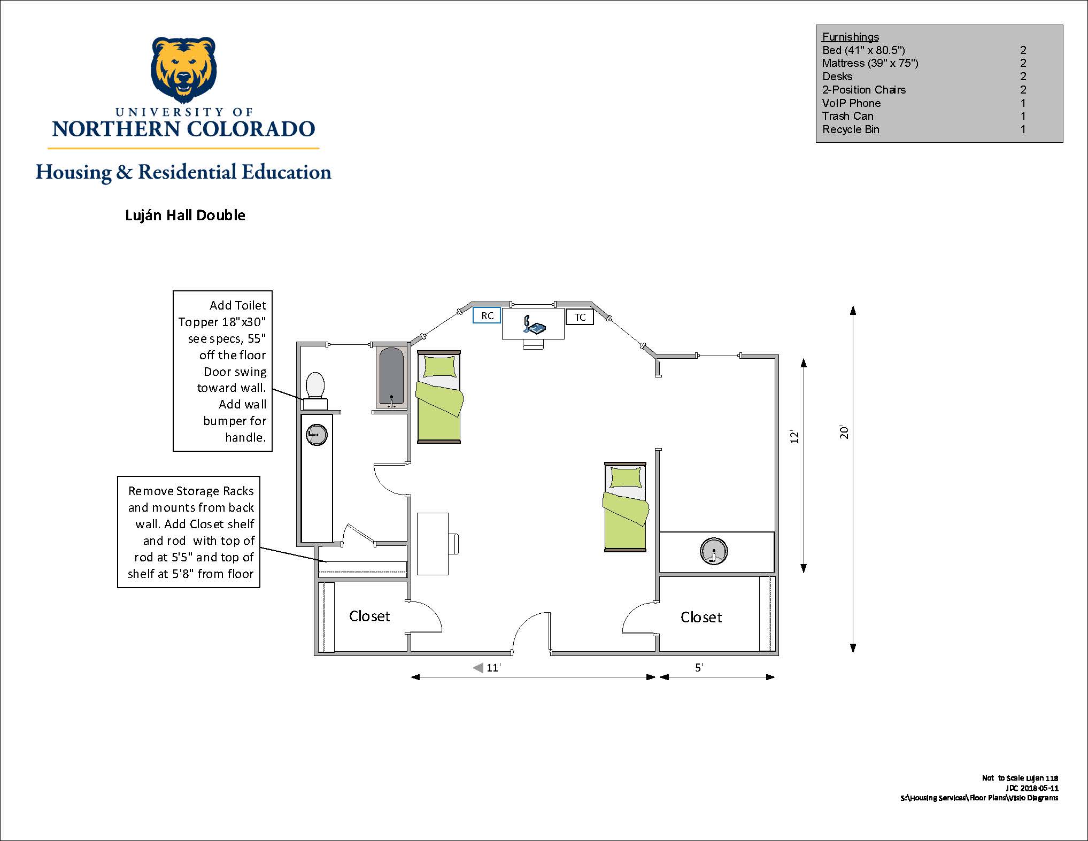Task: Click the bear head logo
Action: [184, 70]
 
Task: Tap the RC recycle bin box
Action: [487, 315]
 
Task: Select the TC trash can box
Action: [580, 317]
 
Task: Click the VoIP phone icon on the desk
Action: [534, 325]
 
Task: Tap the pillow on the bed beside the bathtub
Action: [439, 367]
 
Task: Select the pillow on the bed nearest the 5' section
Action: [625, 477]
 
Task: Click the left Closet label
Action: [369, 616]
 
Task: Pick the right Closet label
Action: [701, 618]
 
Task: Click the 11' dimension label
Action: [493, 667]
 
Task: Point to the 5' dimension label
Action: [699, 667]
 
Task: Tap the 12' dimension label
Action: [794, 436]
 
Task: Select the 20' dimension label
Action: [844, 432]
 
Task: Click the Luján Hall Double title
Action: [185, 215]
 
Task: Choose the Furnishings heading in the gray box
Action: [850, 37]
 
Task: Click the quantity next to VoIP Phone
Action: [1023, 103]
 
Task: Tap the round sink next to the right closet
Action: [714, 551]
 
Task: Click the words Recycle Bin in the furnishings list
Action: [851, 129]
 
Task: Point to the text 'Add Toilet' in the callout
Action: [238, 305]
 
